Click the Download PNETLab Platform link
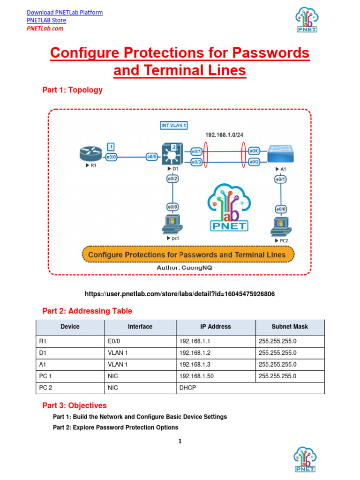(x=65, y=12)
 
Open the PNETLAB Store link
(x=46, y=20)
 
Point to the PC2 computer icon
(x=281, y=226)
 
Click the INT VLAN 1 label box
(x=174, y=126)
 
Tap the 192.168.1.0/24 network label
(x=225, y=135)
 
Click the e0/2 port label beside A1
(x=254, y=162)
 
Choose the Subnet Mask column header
(x=290, y=327)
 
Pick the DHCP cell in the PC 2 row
(x=187, y=388)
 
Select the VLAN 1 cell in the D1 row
(x=118, y=353)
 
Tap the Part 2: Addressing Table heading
(x=87, y=311)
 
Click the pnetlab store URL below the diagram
(x=180, y=294)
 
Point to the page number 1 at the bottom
(x=180, y=441)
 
